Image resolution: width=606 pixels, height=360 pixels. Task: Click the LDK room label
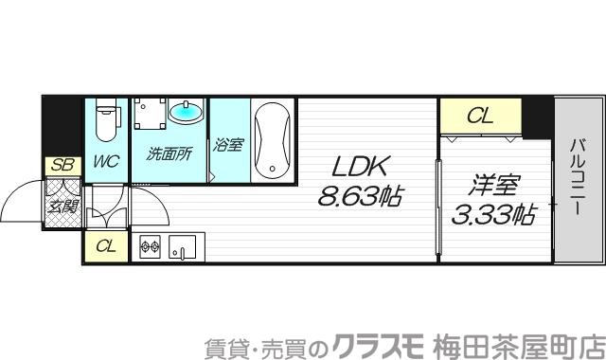(x=359, y=168)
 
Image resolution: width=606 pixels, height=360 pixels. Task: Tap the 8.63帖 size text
(x=361, y=196)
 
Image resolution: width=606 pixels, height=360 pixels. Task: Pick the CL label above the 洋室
(x=481, y=117)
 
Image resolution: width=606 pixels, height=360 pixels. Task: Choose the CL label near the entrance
(x=106, y=246)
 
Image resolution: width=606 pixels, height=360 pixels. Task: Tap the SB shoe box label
(x=62, y=165)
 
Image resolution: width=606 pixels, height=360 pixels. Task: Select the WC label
(x=105, y=161)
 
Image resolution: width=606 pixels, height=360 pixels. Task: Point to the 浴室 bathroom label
(x=227, y=145)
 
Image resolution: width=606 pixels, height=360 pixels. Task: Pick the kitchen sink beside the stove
(x=182, y=247)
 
